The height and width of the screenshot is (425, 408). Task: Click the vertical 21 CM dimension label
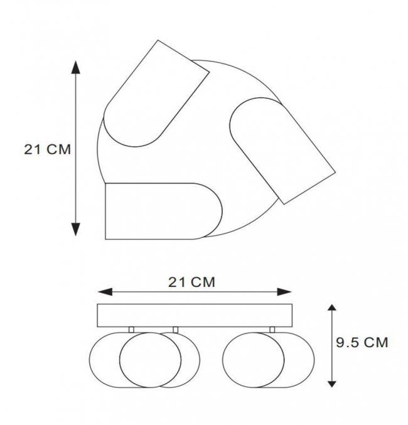[x=48, y=149]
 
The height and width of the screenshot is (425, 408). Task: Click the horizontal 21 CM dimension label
[x=191, y=282]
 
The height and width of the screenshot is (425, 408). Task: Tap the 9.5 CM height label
[x=362, y=343]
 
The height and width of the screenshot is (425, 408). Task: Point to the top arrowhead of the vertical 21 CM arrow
[x=75, y=67]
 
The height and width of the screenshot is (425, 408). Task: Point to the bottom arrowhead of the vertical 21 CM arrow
[x=75, y=229]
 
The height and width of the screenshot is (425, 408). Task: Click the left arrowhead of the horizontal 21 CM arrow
[x=105, y=292]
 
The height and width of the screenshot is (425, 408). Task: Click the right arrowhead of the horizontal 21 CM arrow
[x=284, y=292]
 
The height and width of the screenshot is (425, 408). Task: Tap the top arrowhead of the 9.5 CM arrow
[x=332, y=308]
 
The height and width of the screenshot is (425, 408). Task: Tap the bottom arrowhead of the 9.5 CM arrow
[x=332, y=384]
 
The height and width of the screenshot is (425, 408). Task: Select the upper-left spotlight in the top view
[x=156, y=94]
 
